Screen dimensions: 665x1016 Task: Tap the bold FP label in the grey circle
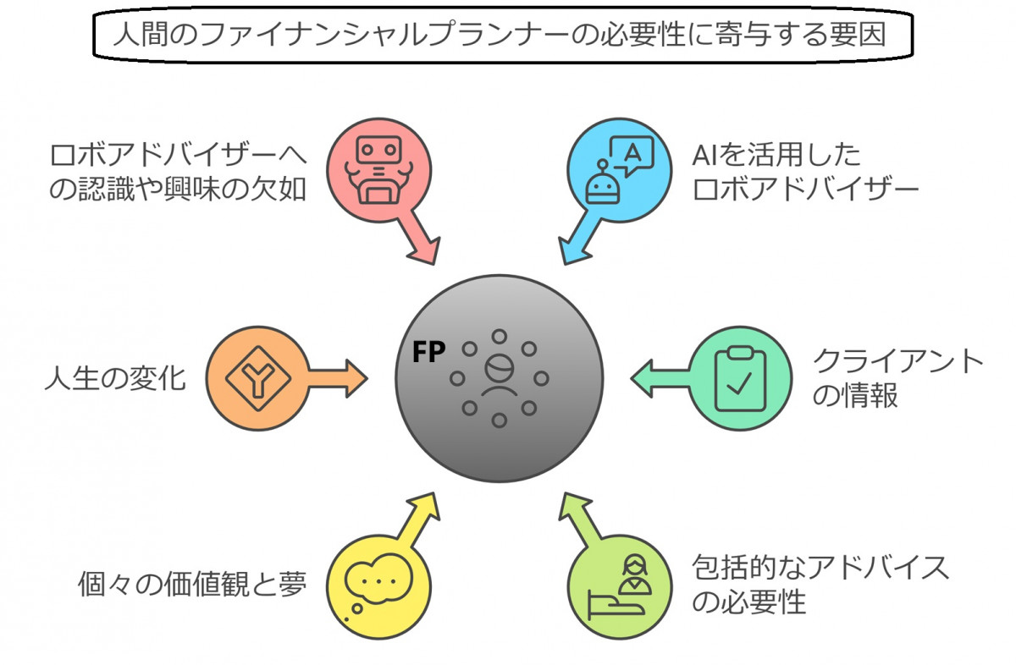click(x=428, y=352)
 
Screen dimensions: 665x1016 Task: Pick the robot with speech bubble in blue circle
click(x=620, y=168)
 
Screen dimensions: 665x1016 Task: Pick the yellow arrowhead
click(x=423, y=506)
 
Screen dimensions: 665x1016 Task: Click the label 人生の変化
click(x=115, y=377)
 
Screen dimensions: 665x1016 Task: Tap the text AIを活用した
click(x=776, y=155)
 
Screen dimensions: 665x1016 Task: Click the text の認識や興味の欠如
click(x=179, y=189)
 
